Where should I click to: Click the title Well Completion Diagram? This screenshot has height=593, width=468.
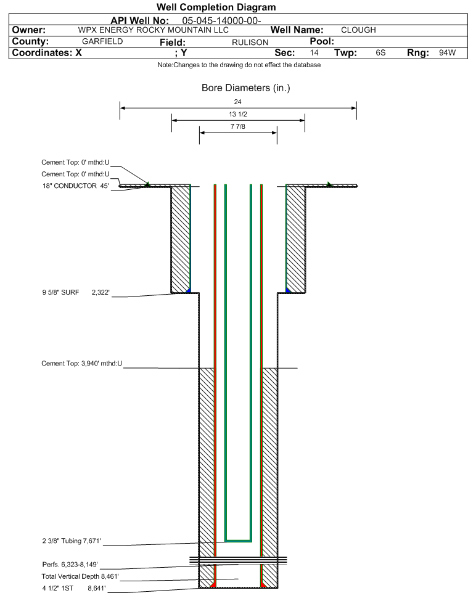pos(216,7)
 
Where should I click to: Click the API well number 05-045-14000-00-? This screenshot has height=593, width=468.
pos(222,21)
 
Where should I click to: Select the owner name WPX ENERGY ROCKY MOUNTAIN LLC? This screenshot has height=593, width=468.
pos(154,30)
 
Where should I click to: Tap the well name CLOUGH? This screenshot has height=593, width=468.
pos(358,30)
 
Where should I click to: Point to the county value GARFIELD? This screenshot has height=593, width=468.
pos(102,41)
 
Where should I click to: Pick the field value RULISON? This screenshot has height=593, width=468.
pos(250,42)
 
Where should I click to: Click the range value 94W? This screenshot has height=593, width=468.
pos(447,52)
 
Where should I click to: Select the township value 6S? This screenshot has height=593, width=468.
pos(380,52)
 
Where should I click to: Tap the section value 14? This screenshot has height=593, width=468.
pos(314,52)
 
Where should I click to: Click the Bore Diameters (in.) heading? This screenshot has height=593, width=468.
pos(245,88)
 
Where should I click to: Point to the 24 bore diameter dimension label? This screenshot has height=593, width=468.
pos(237,102)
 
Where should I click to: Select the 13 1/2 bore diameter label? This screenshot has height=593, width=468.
pos(238,114)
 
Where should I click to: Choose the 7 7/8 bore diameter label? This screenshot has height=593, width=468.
pos(238,126)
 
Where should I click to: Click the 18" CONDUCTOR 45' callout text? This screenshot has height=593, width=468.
pos(75,186)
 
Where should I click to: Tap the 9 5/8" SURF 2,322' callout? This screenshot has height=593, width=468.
pos(76,292)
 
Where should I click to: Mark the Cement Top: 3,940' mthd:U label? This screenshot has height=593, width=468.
pos(82,364)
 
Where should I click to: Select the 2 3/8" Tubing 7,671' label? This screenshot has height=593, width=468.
pos(72,541)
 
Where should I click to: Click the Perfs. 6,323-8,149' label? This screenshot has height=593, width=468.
pos(70,565)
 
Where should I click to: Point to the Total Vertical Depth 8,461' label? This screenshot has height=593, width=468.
pos(80,576)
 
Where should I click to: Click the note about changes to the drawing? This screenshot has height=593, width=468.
pos(239,65)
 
